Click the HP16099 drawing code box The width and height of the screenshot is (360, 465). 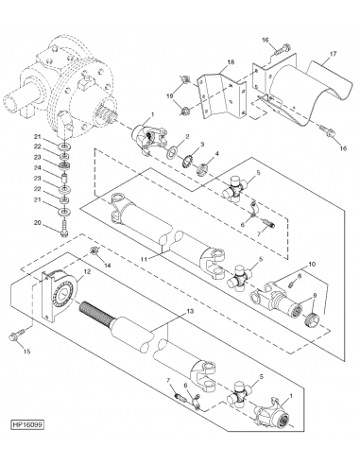point(27,424)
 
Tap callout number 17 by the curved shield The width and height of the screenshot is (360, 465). point(333,54)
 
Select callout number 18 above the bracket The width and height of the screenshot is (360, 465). point(231,61)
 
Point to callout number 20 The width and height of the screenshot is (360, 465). point(38,223)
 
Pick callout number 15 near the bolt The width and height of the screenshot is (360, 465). point(27,352)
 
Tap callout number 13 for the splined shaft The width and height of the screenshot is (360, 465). point(190,311)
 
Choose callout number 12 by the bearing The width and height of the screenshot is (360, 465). point(87,271)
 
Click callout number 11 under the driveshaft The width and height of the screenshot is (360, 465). point(145,259)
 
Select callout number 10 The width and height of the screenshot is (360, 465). point(312,264)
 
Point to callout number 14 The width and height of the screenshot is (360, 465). point(108,266)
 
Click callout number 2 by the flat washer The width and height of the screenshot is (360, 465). point(187,136)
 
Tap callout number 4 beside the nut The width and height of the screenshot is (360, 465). point(216,154)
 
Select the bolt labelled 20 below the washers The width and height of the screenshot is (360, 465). point(65,230)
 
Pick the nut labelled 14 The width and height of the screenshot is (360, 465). point(94,250)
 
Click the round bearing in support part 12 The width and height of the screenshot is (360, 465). point(65,294)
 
